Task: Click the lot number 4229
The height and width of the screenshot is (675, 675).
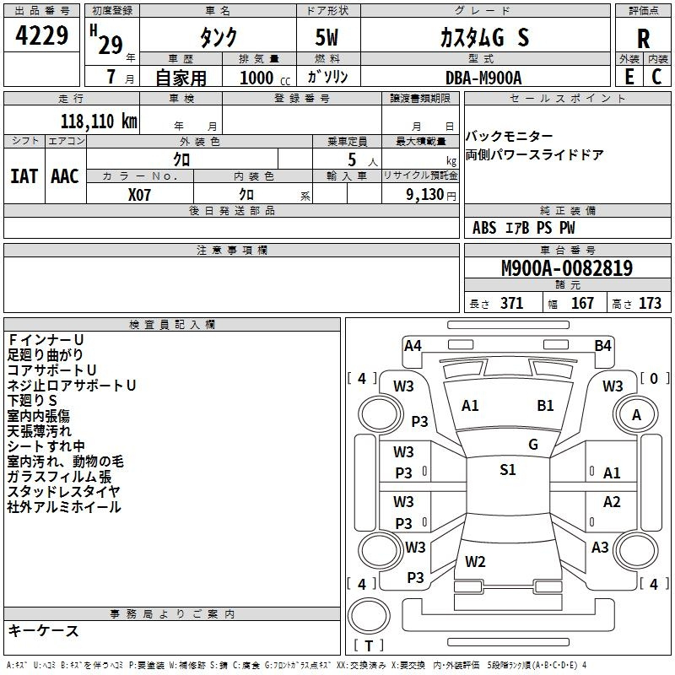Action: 41,35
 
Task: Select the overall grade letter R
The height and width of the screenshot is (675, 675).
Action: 643,39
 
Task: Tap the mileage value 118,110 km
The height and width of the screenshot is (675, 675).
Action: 99,121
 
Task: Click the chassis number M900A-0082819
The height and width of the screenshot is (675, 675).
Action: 567,267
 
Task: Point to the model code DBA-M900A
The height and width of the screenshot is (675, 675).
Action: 483,78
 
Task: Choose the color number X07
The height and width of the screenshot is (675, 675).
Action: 139,195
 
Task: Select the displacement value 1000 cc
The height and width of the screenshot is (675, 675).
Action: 265,78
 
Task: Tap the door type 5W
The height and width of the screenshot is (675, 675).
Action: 327,37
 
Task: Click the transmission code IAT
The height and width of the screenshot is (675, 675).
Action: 24,176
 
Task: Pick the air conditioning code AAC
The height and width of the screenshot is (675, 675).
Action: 65,176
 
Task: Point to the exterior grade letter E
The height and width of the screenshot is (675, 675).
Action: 629,77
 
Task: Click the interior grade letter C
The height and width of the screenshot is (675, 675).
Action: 656,77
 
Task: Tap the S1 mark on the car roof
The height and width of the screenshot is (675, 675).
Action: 508,470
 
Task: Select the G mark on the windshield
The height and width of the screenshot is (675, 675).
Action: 533,445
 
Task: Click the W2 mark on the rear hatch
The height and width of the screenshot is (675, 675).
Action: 475,562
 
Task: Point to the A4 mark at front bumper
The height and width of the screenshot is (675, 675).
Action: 413,346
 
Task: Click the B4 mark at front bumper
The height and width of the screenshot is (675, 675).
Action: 602,346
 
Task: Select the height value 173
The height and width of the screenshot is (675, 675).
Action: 650,303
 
